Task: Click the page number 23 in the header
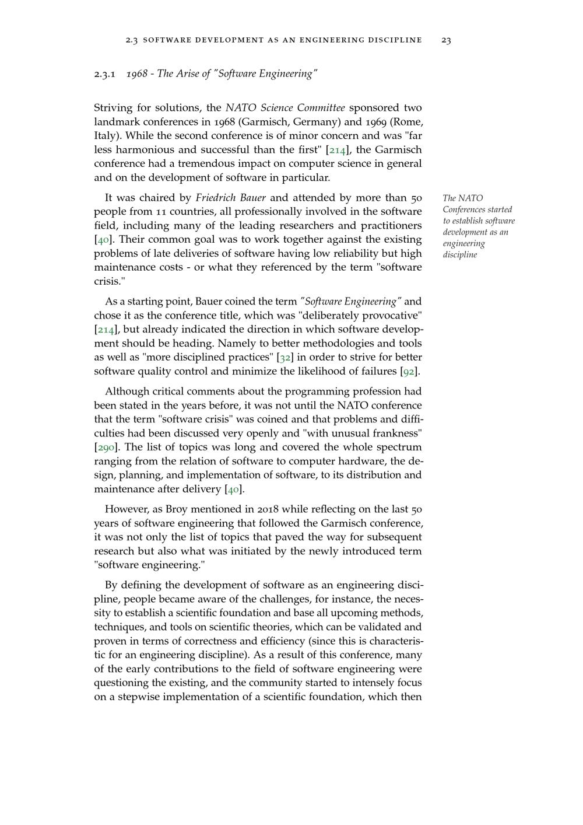pyautogui.click(x=446, y=40)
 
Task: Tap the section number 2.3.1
pyautogui.click(x=105, y=74)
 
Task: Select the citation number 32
pyautogui.click(x=284, y=358)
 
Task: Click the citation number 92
pyautogui.click(x=409, y=372)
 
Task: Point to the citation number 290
pyautogui.click(x=107, y=448)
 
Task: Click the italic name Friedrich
pyautogui.click(x=217, y=198)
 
